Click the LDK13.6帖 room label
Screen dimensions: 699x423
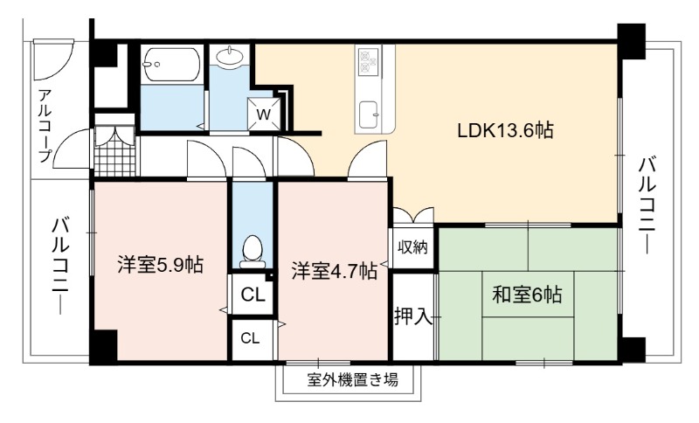click(506, 131)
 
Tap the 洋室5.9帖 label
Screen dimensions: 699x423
click(161, 265)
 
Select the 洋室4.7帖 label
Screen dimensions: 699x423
click(335, 271)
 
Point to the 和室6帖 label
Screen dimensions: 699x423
click(527, 295)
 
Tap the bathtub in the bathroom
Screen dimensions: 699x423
click(171, 65)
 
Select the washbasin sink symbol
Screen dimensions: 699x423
click(230, 56)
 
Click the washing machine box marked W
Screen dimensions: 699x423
click(264, 114)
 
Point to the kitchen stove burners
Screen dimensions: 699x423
click(369, 61)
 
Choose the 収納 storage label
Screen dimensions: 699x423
click(412, 247)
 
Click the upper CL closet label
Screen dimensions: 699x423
click(253, 295)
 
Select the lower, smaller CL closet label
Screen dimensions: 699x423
click(250, 338)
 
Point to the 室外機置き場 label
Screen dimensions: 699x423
click(353, 380)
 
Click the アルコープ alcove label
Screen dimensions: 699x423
click(45, 126)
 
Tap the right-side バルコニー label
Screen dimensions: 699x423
click(647, 206)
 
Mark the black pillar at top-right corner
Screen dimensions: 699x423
click(631, 41)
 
